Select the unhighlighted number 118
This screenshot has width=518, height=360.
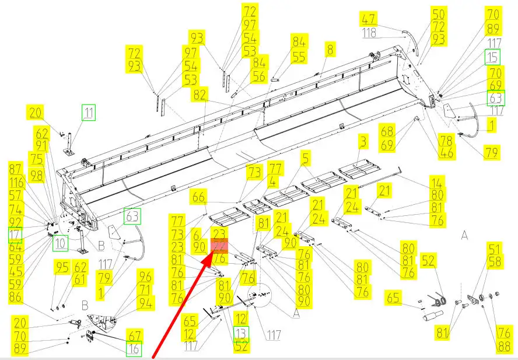(369, 33)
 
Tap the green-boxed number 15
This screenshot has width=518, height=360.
(494, 57)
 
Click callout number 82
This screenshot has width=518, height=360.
(201, 94)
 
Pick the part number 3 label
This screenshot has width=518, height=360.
(363, 141)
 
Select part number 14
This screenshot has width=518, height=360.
(437, 182)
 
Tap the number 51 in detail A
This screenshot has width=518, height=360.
(495, 249)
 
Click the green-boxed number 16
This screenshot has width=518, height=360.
(134, 349)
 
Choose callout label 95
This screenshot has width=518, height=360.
(62, 268)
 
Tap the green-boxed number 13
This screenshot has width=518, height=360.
(241, 333)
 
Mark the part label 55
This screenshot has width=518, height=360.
(299, 57)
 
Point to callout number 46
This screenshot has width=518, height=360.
(446, 153)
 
